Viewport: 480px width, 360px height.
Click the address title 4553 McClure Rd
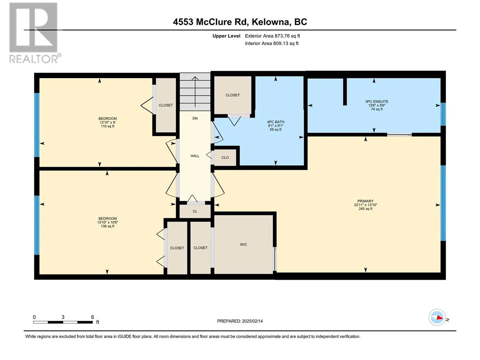pos(210,22)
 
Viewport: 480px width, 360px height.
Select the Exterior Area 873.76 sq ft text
pos(272,36)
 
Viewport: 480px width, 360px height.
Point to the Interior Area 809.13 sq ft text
pos(271,43)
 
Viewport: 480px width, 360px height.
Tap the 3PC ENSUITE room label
pos(376,101)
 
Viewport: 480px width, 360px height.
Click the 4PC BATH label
pos(275,122)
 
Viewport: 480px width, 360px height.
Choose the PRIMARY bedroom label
pos(365,201)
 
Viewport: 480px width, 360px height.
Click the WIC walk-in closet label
pos(243,244)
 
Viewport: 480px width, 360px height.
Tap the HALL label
pos(195,156)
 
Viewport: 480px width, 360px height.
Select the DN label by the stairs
pos(195,118)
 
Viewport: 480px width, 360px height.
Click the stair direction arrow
pos(195,92)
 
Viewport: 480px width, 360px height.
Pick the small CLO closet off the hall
pos(225,157)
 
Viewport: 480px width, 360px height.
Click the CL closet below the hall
pos(195,211)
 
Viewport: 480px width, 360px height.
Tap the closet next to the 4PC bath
pos(232,95)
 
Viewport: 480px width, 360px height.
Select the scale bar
pos(63,322)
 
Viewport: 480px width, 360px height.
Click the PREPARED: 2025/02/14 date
pos(240,321)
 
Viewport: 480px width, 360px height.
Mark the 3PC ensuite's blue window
pos(443,114)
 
